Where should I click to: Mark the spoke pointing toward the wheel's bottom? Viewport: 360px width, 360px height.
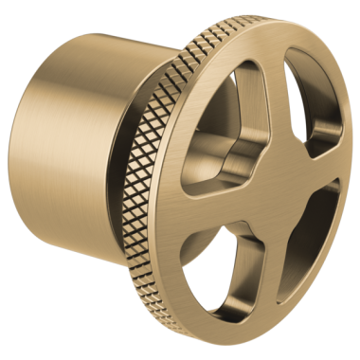pos(269,275)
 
